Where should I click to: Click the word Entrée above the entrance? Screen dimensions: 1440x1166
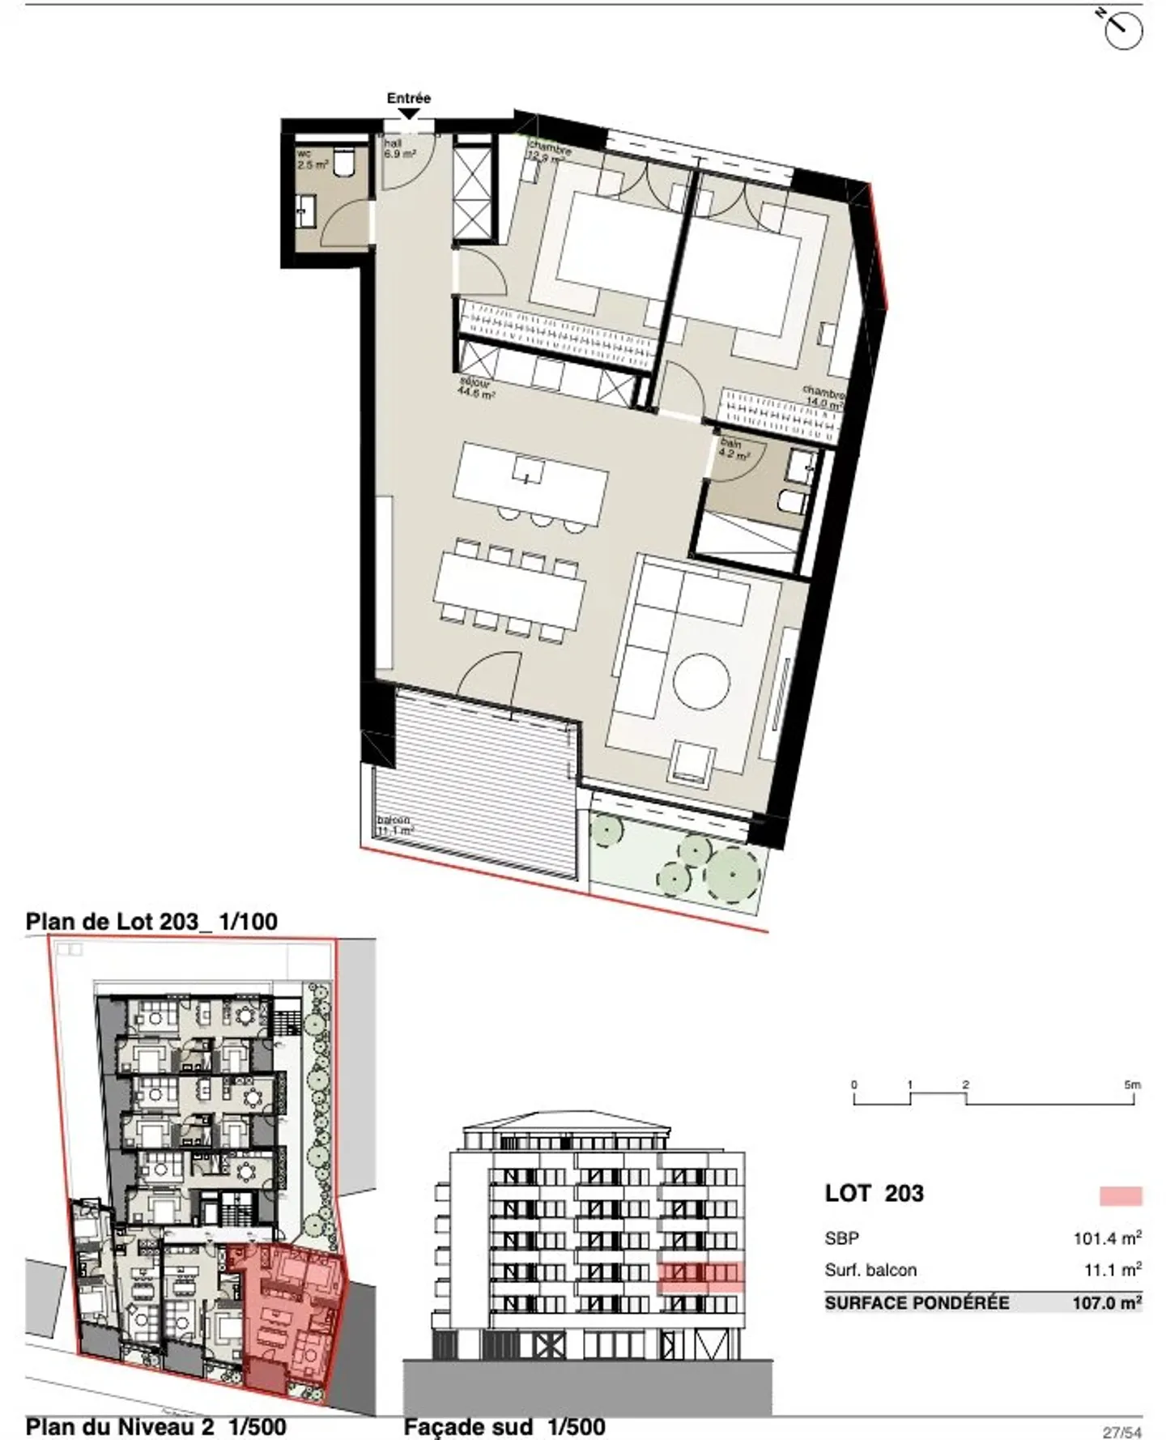tap(408, 98)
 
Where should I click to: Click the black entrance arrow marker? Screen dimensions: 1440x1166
tap(410, 114)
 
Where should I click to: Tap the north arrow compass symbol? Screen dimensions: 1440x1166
tap(1122, 30)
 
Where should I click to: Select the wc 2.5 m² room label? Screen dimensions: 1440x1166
tap(311, 159)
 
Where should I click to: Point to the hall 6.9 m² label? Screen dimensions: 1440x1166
tap(399, 148)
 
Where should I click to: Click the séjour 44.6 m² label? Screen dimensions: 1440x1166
tap(477, 389)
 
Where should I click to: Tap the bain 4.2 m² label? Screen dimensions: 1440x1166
tap(734, 449)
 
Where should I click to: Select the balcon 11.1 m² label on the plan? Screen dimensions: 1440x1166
tap(395, 825)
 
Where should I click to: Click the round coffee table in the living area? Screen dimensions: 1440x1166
tap(701, 680)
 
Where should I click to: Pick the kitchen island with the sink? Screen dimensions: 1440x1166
tap(530, 483)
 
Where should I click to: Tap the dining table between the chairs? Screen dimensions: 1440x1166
tap(509, 588)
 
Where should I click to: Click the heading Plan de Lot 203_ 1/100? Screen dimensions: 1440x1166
tap(151, 921)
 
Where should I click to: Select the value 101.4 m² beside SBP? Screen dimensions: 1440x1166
tap(1107, 1238)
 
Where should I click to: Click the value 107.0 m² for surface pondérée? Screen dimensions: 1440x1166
tap(1106, 1303)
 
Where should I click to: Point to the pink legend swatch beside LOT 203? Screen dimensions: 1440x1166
tap(1121, 1195)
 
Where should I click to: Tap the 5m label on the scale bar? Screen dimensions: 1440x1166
tap(1132, 1084)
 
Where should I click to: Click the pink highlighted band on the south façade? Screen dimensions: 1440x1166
tap(700, 1276)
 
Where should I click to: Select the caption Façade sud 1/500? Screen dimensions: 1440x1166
tap(504, 1426)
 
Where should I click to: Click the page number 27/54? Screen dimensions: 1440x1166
tap(1121, 1432)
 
